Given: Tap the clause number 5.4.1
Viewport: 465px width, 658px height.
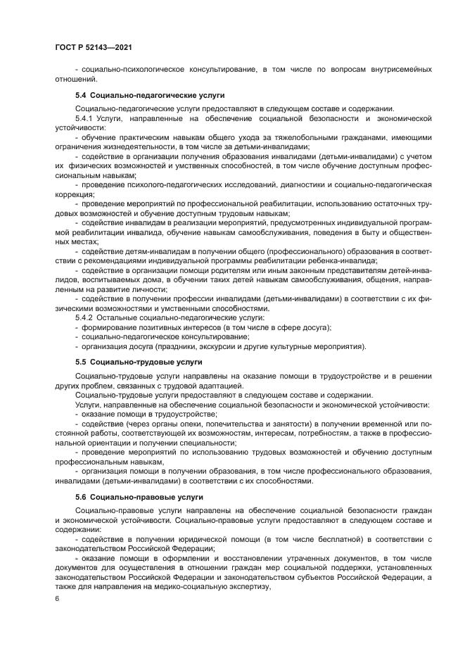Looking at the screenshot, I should point(84,120).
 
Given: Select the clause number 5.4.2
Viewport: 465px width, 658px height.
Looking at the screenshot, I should point(84,319).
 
